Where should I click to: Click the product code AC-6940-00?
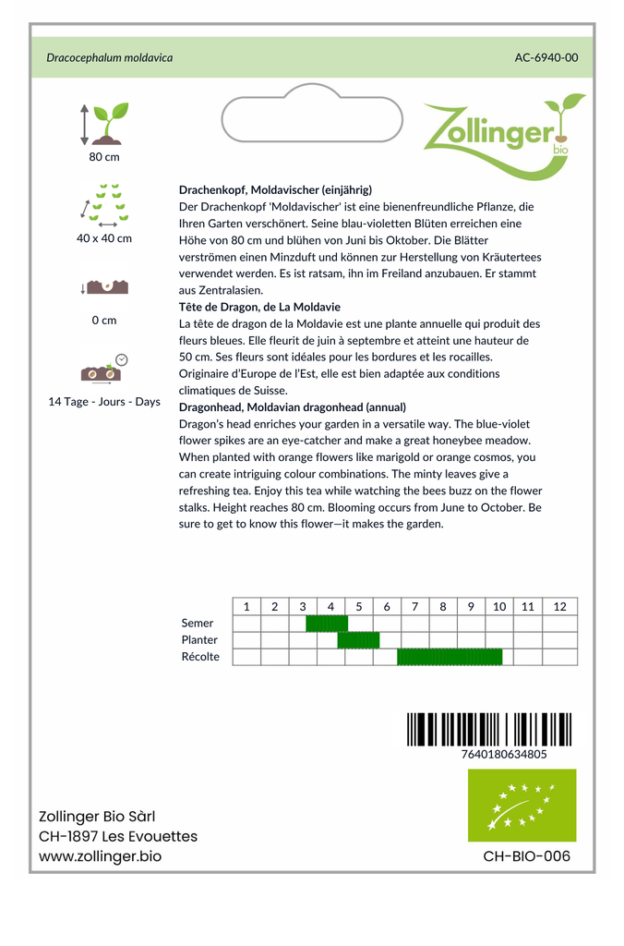point(546,57)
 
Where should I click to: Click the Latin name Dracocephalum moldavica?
point(110,57)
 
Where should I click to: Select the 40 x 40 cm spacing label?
point(104,238)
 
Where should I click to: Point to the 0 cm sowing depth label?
point(104,321)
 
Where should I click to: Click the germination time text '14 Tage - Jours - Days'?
point(104,402)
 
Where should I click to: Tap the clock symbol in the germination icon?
point(122,359)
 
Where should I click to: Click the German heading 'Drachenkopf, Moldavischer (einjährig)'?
point(275,189)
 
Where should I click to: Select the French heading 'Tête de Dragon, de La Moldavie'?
point(259,307)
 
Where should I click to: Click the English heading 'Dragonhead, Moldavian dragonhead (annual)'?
point(292,406)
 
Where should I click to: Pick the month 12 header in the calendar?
point(559,606)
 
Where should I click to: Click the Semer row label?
point(198,624)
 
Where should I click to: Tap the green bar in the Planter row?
point(358,640)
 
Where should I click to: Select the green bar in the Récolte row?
point(450,657)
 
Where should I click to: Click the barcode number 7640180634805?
point(503,754)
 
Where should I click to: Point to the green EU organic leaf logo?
point(522,805)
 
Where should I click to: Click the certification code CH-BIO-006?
point(526,856)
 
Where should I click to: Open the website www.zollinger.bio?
point(100,856)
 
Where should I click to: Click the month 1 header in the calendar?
point(246,606)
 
